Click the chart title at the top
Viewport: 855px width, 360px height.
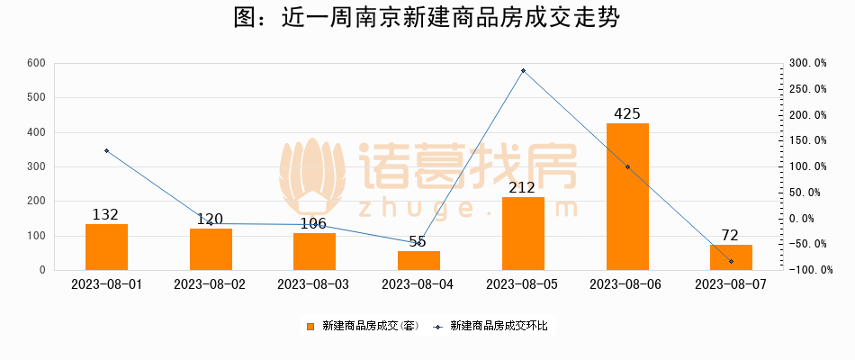427,19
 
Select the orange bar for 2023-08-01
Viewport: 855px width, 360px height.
106,247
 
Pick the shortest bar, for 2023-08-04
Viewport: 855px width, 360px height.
418,260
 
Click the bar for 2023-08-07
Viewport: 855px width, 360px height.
731,257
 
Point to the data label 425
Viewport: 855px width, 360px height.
626,114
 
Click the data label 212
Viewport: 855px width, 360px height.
522,188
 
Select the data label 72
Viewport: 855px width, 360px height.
731,236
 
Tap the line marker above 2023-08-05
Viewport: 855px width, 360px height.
523,71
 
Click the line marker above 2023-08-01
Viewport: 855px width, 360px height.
106,151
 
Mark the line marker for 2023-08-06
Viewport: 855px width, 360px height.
627,167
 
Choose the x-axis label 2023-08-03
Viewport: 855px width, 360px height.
314,284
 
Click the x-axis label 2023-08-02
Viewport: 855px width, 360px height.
210,284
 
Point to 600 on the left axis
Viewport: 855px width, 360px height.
36,63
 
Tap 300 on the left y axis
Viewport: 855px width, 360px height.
36,166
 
